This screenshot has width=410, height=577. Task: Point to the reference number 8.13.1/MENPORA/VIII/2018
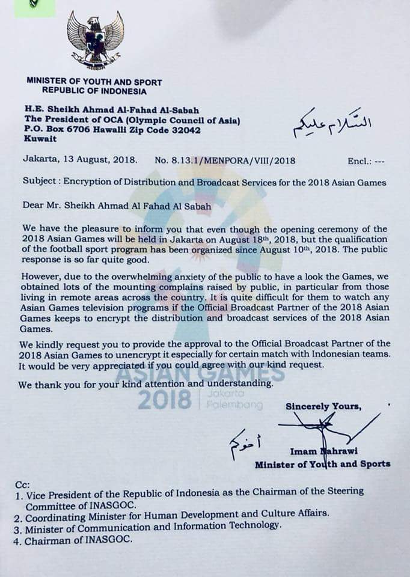point(225,160)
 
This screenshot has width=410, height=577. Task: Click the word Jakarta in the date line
point(41,160)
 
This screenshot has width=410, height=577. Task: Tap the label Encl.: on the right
point(360,162)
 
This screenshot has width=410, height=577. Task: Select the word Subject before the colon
point(40,182)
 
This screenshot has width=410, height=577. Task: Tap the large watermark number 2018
point(164,399)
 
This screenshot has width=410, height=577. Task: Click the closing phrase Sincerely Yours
point(323,406)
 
